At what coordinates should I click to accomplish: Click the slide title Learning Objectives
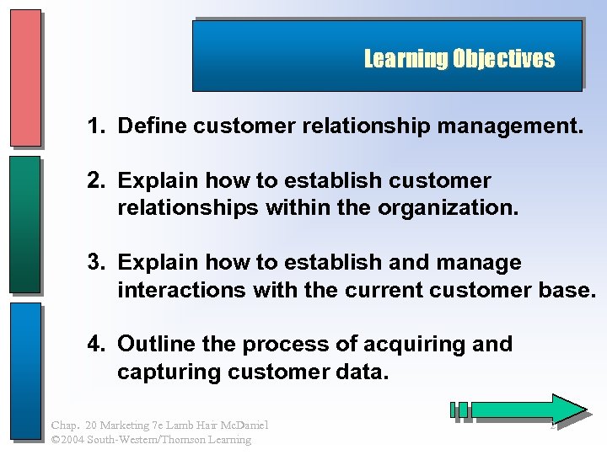pos(459,59)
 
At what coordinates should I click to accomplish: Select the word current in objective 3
pos(359,291)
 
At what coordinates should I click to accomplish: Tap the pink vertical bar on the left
pos(25,78)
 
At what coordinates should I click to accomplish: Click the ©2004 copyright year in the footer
pos(67,439)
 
